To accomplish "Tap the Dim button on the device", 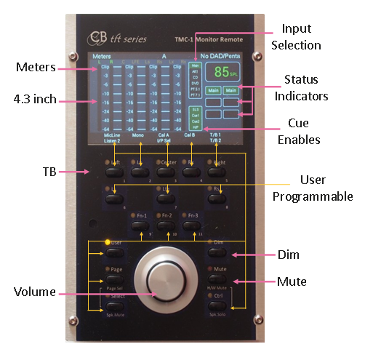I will coord(217,252).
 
